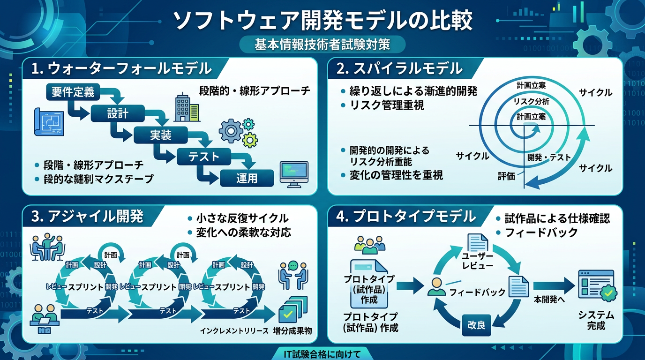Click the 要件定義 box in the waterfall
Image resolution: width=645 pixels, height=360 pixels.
click(x=73, y=92)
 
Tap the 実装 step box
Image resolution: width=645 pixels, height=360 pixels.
click(x=161, y=135)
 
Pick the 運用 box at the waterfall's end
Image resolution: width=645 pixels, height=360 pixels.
click(x=247, y=178)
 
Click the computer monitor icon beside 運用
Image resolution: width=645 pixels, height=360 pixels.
click(x=293, y=174)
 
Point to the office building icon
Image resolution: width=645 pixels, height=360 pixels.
click(x=186, y=107)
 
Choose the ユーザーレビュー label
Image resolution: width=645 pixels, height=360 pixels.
click(x=478, y=261)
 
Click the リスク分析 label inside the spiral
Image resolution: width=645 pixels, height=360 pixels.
click(x=531, y=101)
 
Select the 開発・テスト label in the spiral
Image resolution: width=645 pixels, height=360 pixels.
click(x=549, y=157)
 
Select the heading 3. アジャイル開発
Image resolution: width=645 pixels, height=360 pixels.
click(x=87, y=217)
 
